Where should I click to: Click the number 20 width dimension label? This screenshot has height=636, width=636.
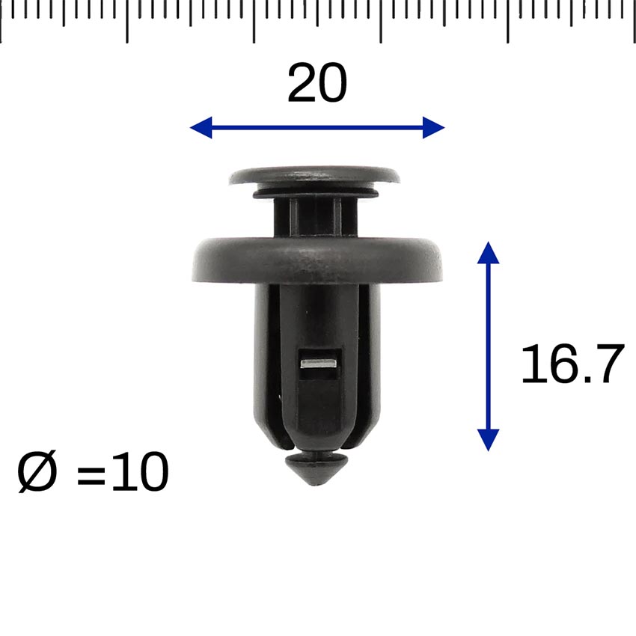click(x=317, y=83)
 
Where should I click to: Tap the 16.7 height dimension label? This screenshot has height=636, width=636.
click(x=572, y=364)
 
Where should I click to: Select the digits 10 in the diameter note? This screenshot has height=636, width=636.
click(x=140, y=472)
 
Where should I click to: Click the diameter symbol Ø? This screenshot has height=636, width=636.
click(x=37, y=472)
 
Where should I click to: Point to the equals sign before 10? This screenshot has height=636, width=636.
click(x=91, y=475)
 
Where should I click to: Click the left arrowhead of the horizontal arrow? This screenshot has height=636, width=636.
click(x=201, y=127)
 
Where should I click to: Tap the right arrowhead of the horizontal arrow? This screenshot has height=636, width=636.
click(x=433, y=127)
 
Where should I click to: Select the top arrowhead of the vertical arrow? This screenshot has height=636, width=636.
click(x=488, y=253)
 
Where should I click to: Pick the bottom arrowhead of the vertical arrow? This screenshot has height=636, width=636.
click(x=488, y=440)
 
